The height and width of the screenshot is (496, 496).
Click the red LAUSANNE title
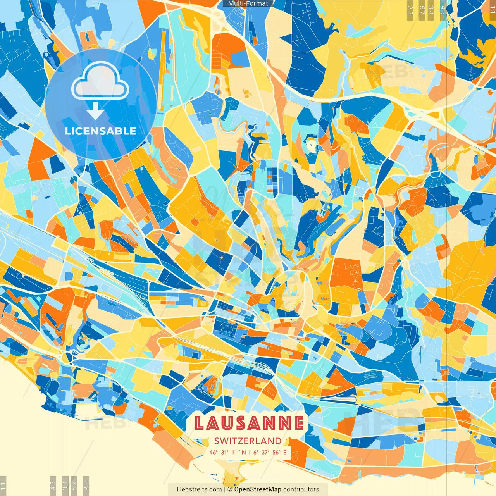click(248, 423)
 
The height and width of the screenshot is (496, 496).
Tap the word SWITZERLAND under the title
click(248, 441)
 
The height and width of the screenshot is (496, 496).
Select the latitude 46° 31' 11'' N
click(227, 452)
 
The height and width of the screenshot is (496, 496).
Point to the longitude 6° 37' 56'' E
click(270, 452)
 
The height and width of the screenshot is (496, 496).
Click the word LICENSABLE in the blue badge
click(101, 131)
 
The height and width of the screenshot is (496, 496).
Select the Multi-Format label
click(248, 3)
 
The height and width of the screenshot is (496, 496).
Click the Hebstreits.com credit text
click(199, 489)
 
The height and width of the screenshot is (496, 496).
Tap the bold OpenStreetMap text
click(258, 489)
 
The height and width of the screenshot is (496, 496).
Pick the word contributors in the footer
click(301, 489)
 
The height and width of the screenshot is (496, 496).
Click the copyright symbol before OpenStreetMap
click(230, 489)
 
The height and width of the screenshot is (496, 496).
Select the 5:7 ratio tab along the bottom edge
click(74, 485)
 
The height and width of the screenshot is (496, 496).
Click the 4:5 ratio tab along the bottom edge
click(53, 485)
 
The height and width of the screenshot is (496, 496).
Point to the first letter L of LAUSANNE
click(199, 423)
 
